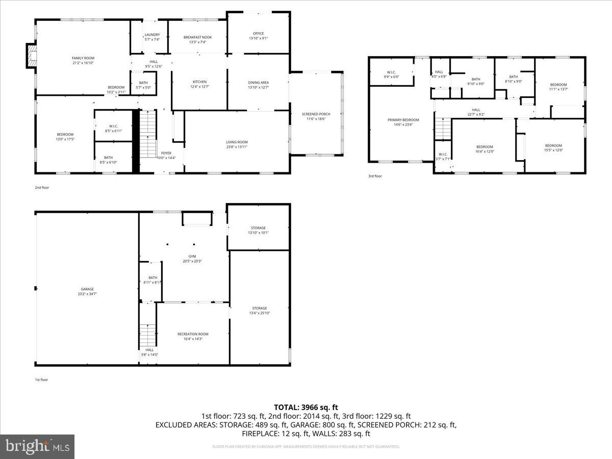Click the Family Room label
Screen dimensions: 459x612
(83, 58)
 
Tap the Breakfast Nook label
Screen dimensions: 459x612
(197, 37)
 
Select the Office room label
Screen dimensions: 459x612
(258, 34)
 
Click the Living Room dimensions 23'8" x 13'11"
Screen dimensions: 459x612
(237, 147)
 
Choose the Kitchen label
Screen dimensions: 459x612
(199, 82)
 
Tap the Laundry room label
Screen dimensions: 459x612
(152, 35)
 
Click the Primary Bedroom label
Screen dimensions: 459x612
(403, 120)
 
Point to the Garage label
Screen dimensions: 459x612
(87, 289)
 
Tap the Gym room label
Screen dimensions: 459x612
(192, 257)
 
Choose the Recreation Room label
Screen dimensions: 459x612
(193, 334)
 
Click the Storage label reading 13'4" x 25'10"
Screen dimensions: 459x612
(259, 308)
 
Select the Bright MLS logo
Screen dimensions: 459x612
(37, 446)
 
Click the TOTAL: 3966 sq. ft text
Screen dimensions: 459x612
(306, 407)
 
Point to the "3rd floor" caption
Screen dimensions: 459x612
(375, 176)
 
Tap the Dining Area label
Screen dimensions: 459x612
(258, 82)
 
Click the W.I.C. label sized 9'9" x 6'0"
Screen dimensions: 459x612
(392, 72)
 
